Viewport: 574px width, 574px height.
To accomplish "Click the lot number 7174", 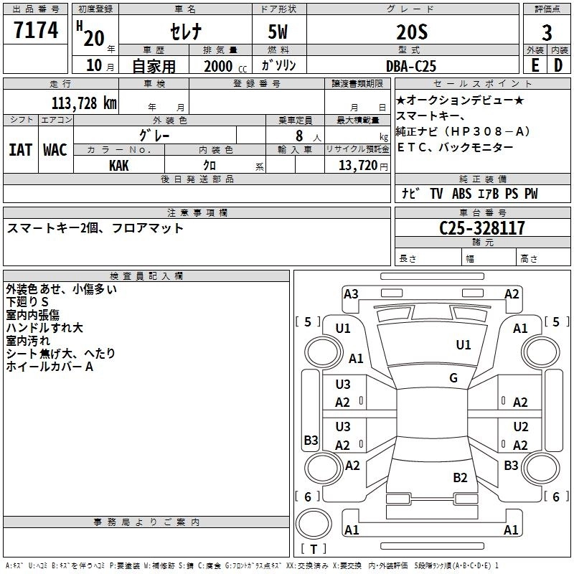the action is coord(36,31).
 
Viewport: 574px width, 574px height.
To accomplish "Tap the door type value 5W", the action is coord(279,32).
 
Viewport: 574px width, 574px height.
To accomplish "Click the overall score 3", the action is coord(547,33).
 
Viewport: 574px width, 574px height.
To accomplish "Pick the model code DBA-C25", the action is coord(410,66).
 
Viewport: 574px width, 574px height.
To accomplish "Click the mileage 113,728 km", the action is coord(83,103).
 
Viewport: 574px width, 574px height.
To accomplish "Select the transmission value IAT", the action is coord(20,149).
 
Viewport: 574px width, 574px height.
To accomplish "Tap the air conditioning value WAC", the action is coord(55,149).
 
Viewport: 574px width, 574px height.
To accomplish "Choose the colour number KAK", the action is coord(119,165).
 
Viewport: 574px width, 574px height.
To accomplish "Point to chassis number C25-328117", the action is coord(481,228).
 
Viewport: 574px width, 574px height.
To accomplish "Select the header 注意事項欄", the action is coord(197,213).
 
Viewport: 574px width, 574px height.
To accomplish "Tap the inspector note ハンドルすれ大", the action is coord(44,328).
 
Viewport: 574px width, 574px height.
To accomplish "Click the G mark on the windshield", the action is coord(453,378).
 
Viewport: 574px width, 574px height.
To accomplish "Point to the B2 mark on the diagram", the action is coord(461,477).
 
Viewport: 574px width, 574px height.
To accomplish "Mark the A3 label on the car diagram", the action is coord(351,293).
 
